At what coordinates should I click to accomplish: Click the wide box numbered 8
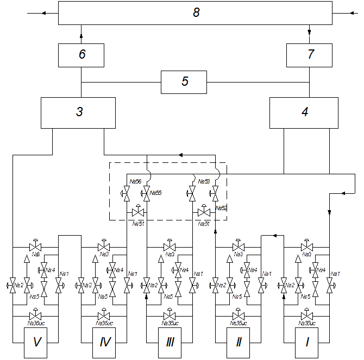(x=195, y=13)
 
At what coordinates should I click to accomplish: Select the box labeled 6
(x=81, y=55)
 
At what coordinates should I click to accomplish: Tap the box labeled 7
(x=309, y=55)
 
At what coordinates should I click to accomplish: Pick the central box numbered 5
(x=184, y=82)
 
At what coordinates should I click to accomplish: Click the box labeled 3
(x=78, y=112)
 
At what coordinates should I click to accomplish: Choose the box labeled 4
(x=304, y=112)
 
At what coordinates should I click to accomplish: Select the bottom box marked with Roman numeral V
(x=37, y=342)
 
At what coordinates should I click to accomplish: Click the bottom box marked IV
(x=105, y=342)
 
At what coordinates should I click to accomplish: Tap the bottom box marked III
(x=170, y=342)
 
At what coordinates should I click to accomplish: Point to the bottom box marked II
(x=238, y=342)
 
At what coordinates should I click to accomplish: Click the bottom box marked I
(x=307, y=342)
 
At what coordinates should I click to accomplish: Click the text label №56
(x=135, y=181)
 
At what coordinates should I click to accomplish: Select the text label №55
(x=155, y=193)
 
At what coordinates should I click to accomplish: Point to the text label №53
(x=204, y=181)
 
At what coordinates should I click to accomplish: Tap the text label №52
(x=221, y=208)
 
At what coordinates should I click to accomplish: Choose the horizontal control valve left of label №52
(x=204, y=212)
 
